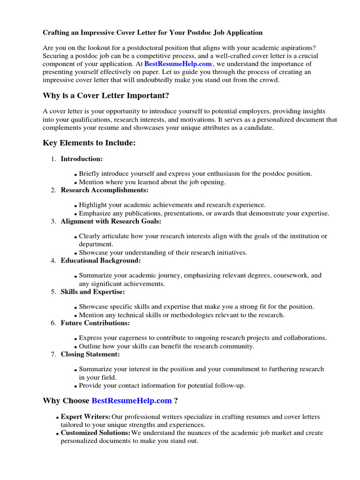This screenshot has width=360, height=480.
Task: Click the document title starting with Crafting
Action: [153, 32]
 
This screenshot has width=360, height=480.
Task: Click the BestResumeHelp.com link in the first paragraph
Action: [178, 64]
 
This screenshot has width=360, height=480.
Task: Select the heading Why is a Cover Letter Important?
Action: [105, 96]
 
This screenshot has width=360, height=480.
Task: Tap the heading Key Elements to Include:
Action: [89, 143]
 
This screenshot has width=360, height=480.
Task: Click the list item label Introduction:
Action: [82, 159]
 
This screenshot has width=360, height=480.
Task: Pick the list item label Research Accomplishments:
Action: [104, 190]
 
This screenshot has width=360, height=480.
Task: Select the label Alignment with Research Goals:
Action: [111, 221]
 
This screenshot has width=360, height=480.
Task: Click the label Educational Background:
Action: [100, 260]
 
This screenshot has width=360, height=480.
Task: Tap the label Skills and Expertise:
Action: [92, 292]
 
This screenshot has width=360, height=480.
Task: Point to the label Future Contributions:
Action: [95, 323]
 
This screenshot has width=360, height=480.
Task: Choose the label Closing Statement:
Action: [90, 354]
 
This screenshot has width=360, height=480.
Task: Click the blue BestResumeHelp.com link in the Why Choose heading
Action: [132, 401]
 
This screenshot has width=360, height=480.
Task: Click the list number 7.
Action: [53, 354]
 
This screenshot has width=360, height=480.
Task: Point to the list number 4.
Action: [53, 261]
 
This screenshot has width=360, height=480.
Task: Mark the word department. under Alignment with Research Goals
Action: [96, 244]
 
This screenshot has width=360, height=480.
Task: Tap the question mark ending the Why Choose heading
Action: [176, 401]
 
